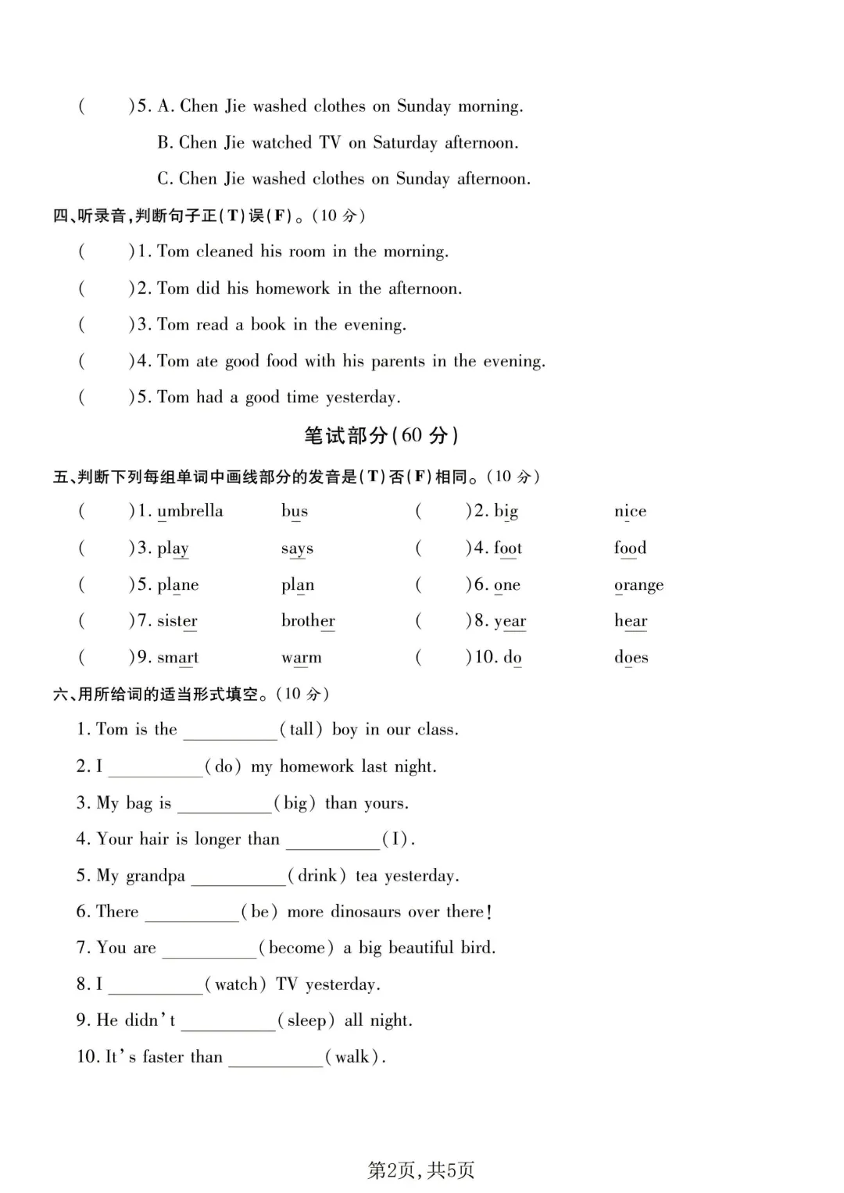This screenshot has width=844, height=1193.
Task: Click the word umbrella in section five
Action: point(190,511)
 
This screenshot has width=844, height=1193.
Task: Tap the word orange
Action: point(638,585)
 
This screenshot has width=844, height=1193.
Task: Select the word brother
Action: point(308,621)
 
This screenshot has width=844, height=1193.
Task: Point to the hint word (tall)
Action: point(301,730)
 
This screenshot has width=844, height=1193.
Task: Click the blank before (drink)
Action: point(238,877)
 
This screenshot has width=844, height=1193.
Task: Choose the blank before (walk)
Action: point(275,1058)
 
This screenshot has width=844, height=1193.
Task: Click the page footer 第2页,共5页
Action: point(421,1170)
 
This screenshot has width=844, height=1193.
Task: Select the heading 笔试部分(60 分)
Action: point(381,435)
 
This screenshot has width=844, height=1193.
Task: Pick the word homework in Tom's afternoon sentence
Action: point(293,288)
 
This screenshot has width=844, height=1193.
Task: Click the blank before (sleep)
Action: point(228,1021)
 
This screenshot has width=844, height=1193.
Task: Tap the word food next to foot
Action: point(630,548)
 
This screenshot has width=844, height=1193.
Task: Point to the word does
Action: point(631,657)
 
